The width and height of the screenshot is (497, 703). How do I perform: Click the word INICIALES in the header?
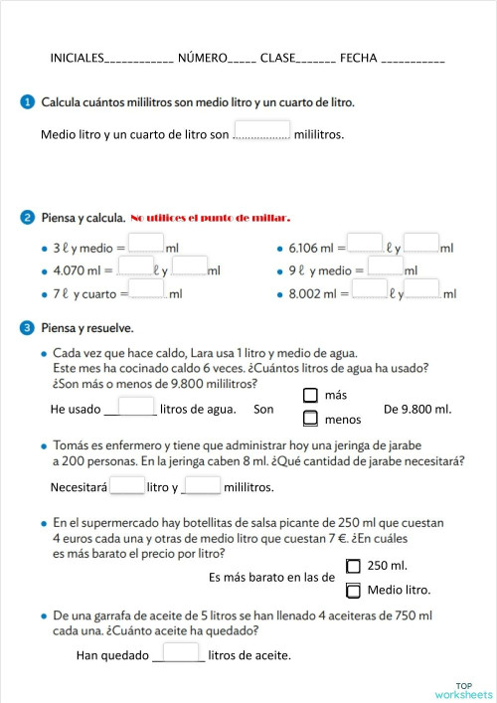coord(77,59)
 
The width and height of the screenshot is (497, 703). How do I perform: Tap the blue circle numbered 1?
coord(26,101)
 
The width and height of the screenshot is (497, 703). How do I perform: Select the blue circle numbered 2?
coord(26,217)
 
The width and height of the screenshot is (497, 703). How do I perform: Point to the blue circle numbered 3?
coord(26,327)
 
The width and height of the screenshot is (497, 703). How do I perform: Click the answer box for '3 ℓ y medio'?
coord(146,244)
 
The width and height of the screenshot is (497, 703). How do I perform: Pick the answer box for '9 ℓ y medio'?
coord(386,266)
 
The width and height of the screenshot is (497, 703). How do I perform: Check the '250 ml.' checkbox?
coord(353,566)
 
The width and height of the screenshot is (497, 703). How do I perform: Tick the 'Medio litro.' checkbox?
coord(353,591)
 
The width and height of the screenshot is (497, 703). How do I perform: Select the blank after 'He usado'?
coord(130,407)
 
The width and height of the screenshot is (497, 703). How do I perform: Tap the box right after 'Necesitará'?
coord(127,485)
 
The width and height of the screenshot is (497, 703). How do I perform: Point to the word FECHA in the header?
coord(359,59)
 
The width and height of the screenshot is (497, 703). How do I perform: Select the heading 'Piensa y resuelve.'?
coord(86,327)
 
